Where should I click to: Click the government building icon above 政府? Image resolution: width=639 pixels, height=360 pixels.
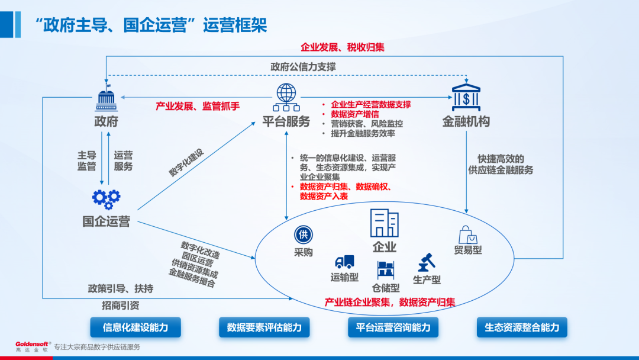pyautogui.click(x=106, y=99)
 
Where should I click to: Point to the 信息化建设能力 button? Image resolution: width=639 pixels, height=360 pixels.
pyautogui.click(x=135, y=327)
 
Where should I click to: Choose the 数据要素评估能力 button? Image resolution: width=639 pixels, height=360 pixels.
pyautogui.click(x=264, y=327)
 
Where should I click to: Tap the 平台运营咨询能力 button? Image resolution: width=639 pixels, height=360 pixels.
pyautogui.click(x=393, y=327)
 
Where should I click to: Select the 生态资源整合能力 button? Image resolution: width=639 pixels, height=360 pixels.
pyautogui.click(x=522, y=327)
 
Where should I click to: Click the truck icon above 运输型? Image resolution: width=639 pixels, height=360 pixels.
pyautogui.click(x=344, y=262)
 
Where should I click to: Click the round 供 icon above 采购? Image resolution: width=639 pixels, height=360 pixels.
pyautogui.click(x=303, y=234)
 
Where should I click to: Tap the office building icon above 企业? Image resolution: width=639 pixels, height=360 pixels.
pyautogui.click(x=384, y=223)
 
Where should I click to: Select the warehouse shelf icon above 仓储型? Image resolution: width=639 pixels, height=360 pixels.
pyautogui.click(x=386, y=270)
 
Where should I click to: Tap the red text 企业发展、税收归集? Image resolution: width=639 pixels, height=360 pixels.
pyautogui.click(x=343, y=47)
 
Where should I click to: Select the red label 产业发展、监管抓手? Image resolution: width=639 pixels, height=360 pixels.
pyautogui.click(x=198, y=106)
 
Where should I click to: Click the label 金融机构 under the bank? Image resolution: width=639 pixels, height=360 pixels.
pyautogui.click(x=466, y=122)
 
